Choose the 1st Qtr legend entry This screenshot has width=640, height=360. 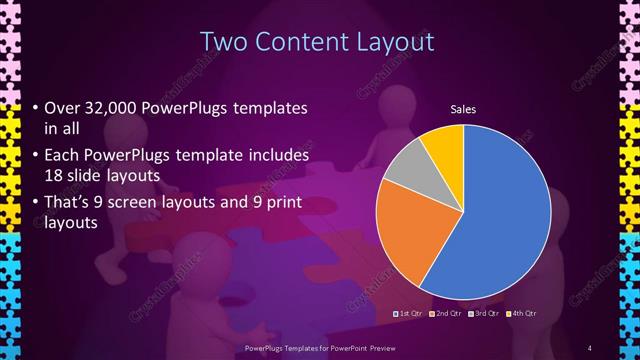coord(411,314)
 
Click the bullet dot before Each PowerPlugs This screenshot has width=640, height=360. coord(36,157)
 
